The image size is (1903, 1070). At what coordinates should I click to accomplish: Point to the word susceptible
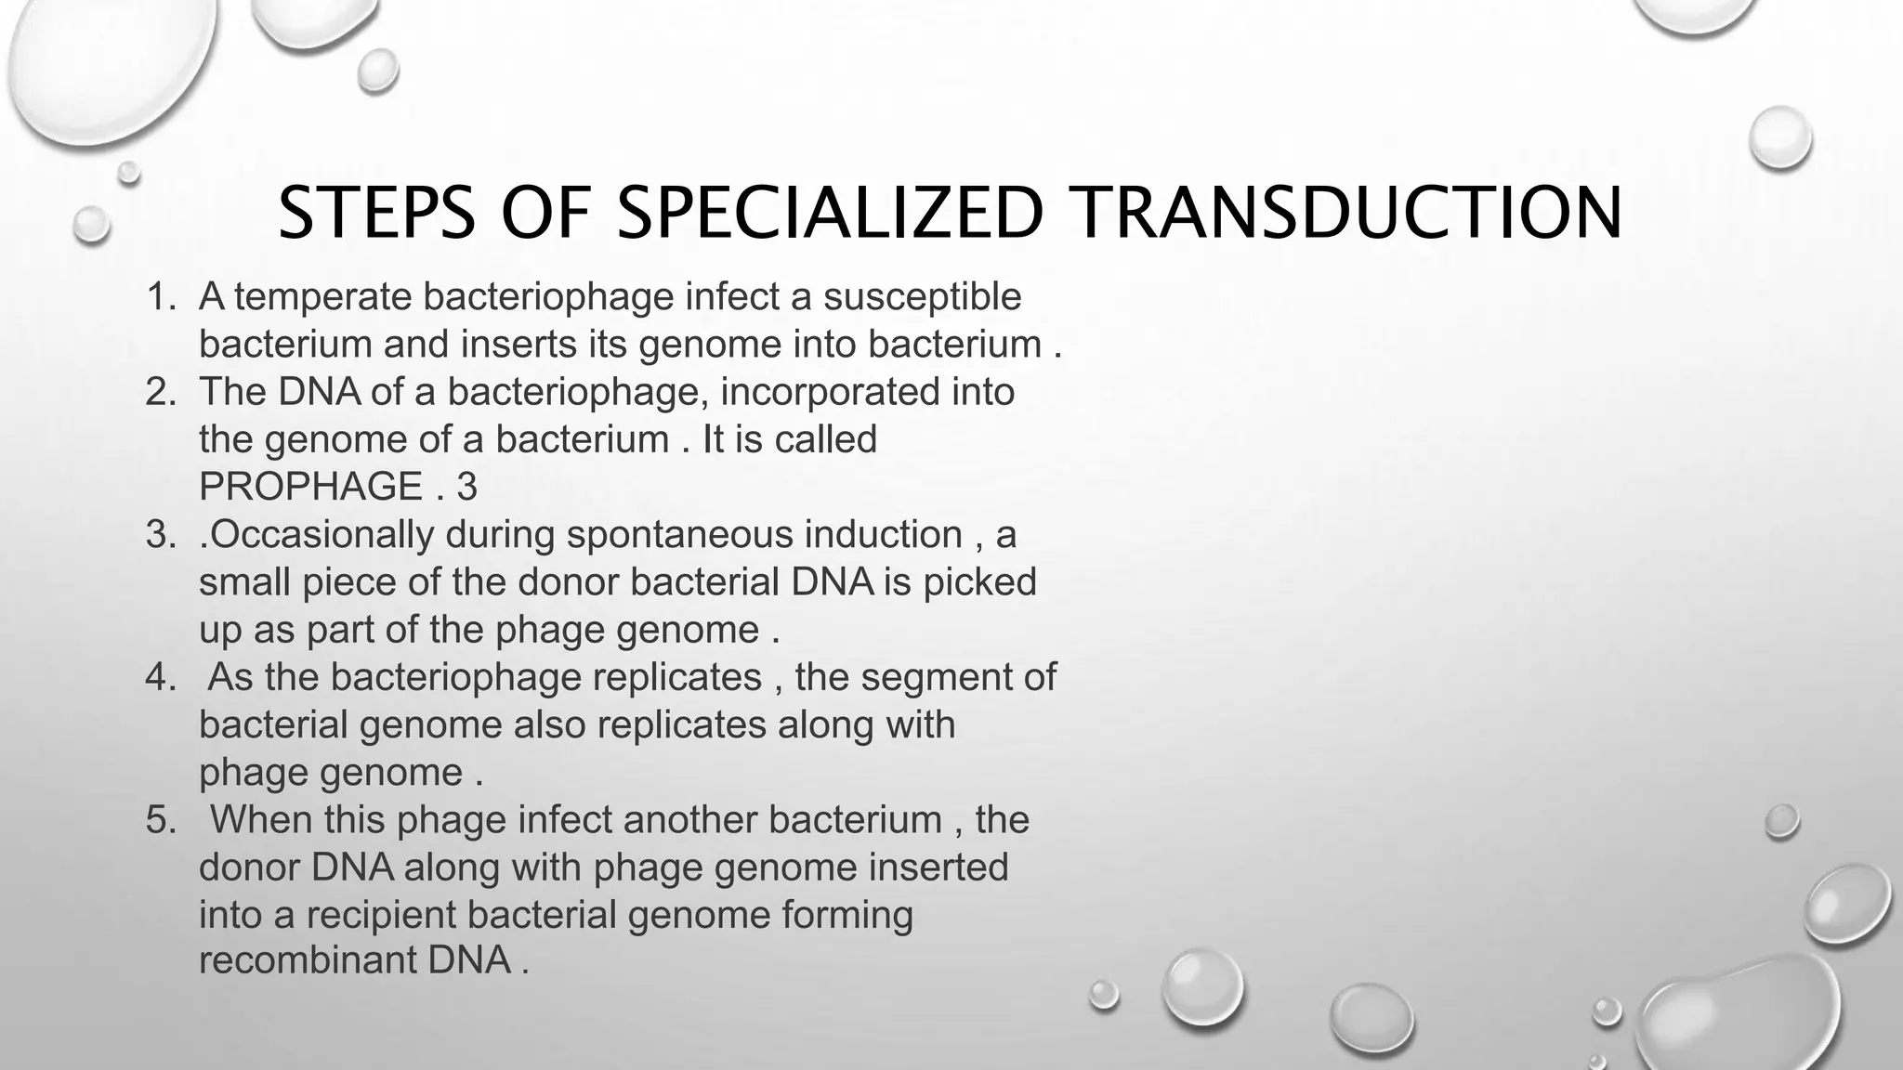[922, 297]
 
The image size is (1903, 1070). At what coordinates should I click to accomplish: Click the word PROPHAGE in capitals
[311, 487]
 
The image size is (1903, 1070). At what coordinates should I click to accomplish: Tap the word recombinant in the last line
[308, 959]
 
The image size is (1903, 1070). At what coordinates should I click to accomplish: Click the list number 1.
[160, 297]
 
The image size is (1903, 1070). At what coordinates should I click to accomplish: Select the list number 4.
[160, 677]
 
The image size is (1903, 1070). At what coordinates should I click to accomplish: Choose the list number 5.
[160, 820]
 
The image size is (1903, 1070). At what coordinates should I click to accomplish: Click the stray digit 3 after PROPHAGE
[466, 487]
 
